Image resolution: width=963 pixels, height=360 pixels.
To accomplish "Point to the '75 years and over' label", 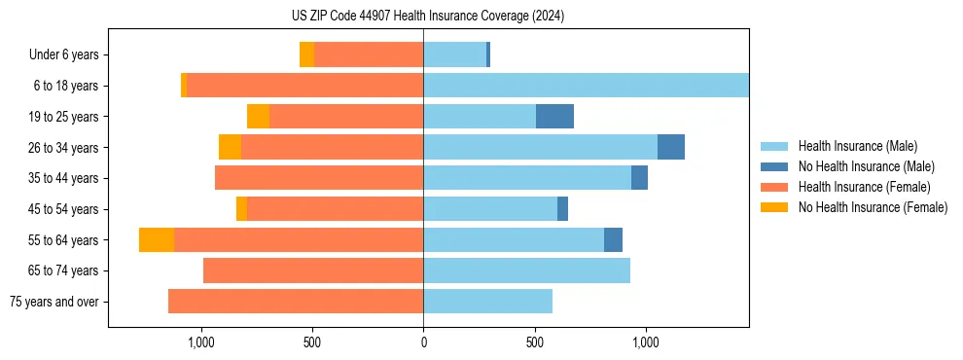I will (x=53, y=302).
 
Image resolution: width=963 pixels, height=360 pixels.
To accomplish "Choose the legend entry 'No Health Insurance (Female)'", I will (x=873, y=207).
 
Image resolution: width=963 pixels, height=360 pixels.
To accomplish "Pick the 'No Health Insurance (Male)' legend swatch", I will (x=774, y=166).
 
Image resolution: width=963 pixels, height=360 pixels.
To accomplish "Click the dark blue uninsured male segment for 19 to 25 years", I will (x=554, y=117).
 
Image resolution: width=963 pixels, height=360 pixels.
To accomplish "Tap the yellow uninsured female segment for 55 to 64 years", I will (x=157, y=240).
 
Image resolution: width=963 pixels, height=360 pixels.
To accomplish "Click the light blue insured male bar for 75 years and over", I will (x=487, y=302).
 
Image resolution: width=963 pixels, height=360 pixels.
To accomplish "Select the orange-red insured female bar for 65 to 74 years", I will (x=313, y=270).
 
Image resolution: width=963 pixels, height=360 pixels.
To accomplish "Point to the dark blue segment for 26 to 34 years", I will (x=671, y=147).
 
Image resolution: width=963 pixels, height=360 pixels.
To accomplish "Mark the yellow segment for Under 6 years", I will (x=306, y=55).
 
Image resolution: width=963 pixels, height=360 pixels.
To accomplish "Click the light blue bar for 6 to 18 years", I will (x=586, y=86).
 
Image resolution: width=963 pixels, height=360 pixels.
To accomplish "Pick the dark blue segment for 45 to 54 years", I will (x=562, y=209).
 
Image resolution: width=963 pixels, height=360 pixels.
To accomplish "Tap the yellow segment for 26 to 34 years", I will (x=230, y=147).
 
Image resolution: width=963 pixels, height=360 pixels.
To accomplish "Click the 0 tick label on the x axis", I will (x=423, y=343).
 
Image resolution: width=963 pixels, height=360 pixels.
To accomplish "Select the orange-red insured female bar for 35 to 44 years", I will (x=319, y=178).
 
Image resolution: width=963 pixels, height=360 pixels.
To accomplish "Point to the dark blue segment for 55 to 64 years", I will (x=613, y=240).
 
